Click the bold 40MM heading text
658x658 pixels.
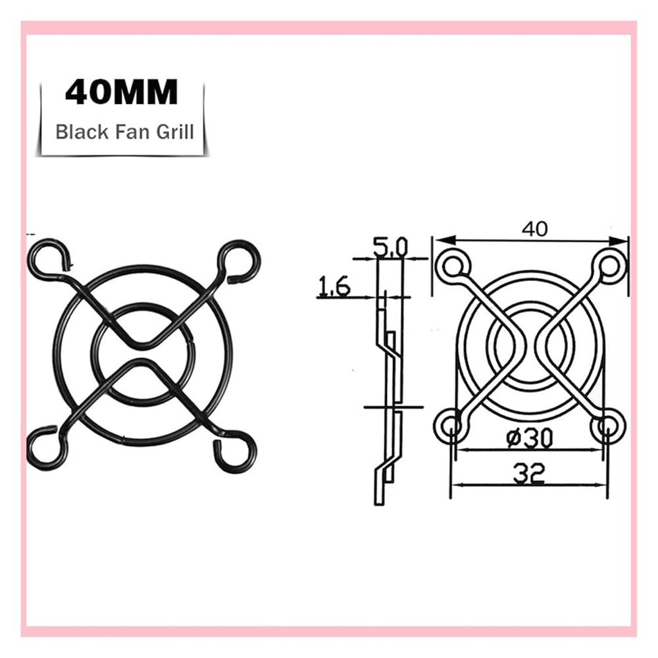122,92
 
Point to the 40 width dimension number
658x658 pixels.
534,229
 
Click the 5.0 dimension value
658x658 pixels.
390,247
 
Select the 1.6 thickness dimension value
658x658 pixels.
334,286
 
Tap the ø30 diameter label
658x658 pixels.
530,438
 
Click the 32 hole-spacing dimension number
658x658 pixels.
529,472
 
